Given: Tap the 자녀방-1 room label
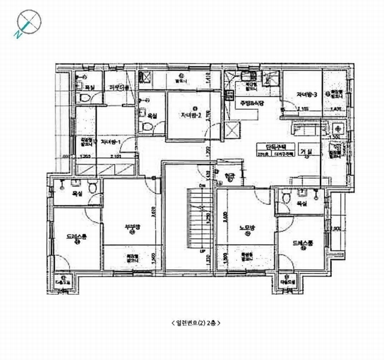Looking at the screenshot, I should click(110, 142).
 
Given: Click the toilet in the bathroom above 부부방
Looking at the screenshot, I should click(93, 188).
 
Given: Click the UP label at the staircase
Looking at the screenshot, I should click(203, 251).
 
